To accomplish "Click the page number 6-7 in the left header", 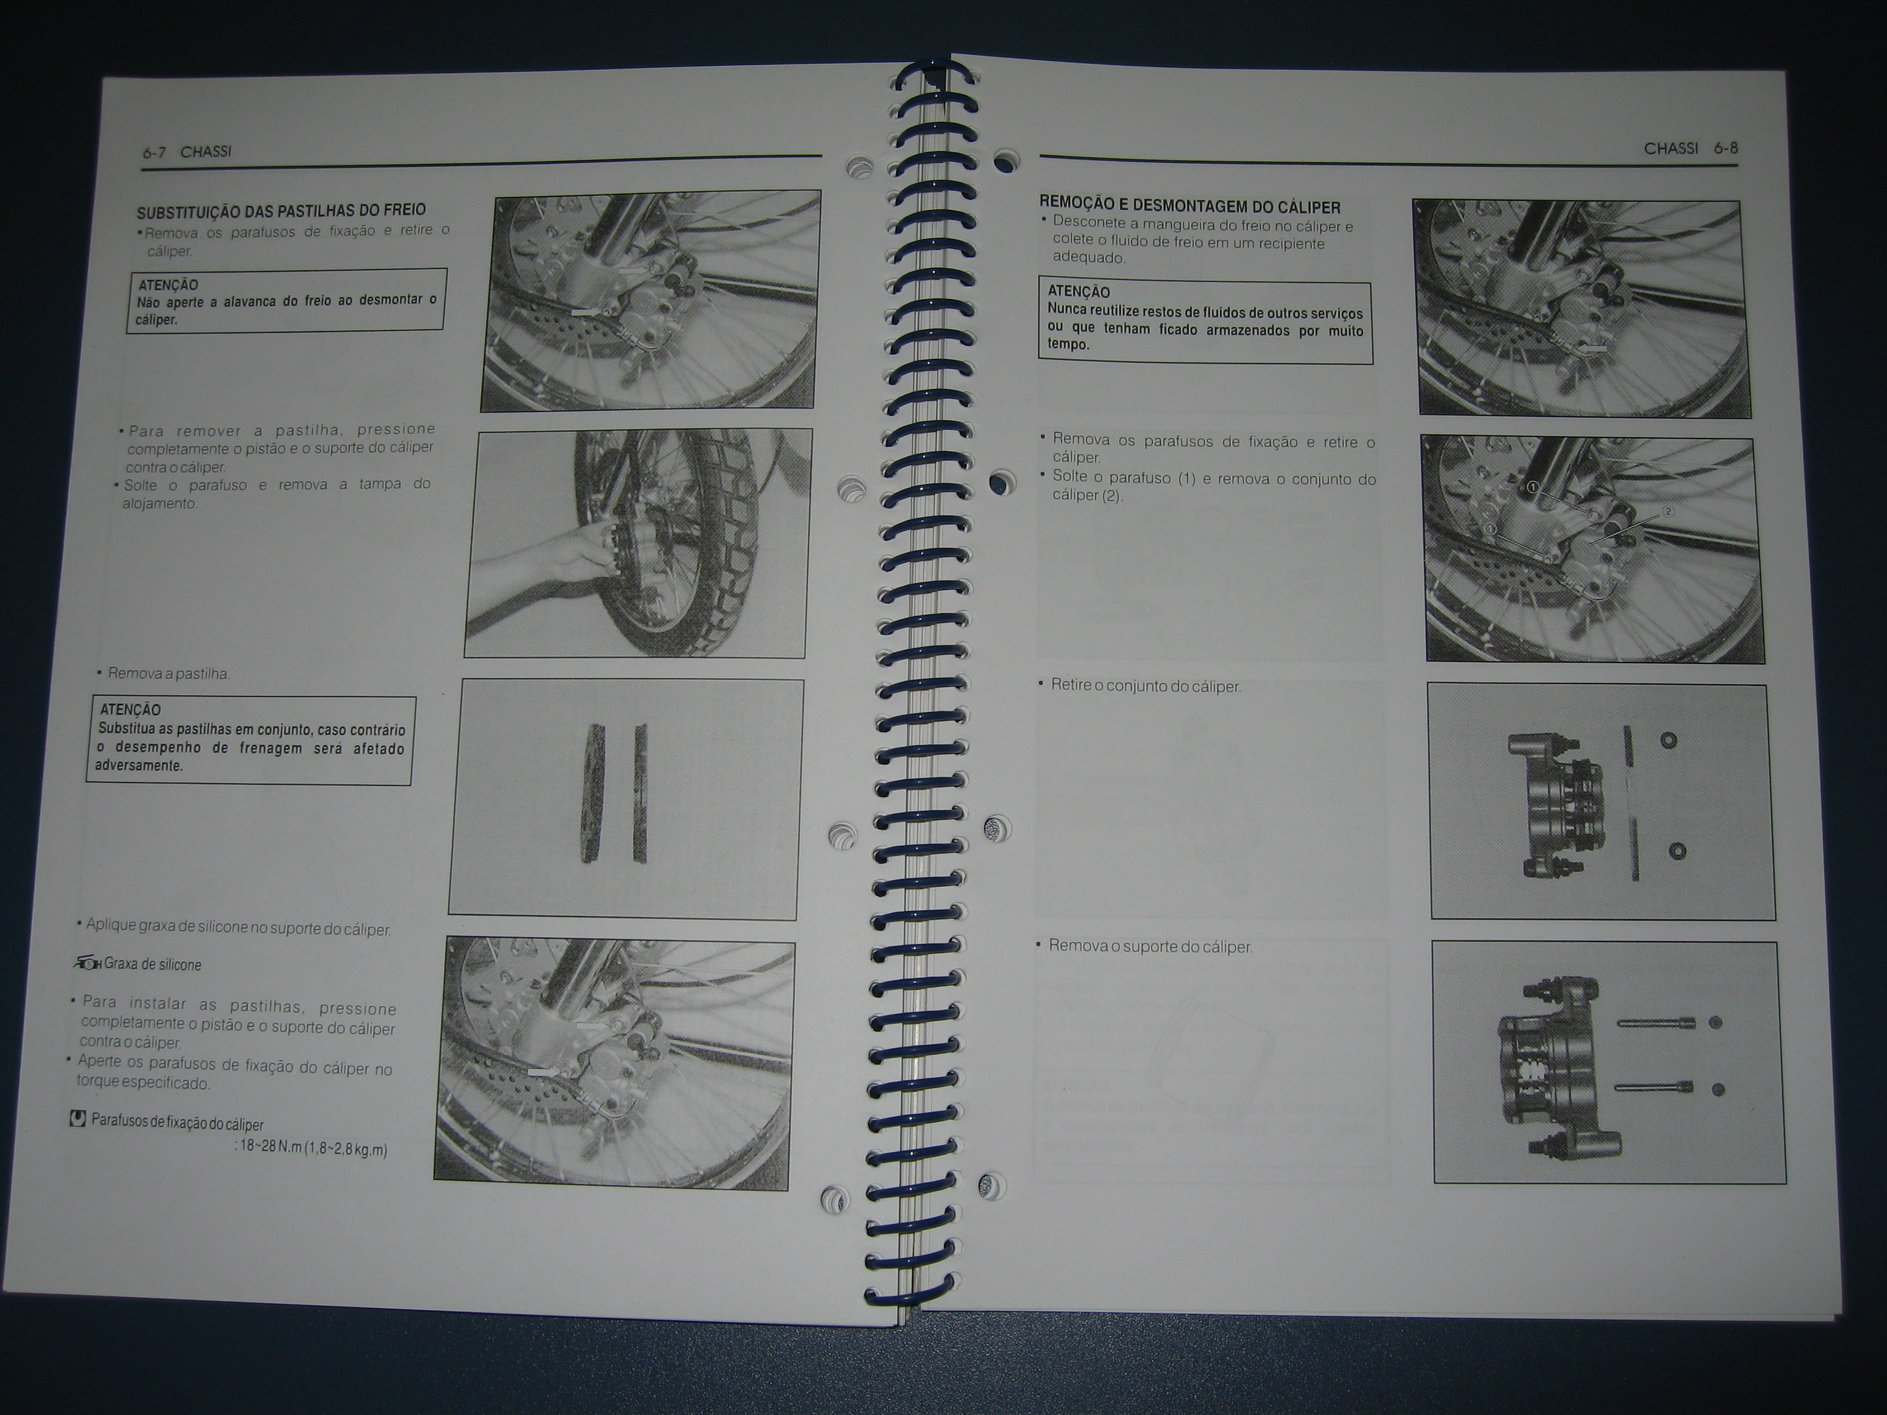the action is (154, 153).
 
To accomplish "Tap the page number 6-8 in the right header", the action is (1726, 149).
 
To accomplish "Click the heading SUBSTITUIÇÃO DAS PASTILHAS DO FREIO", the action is (281, 210).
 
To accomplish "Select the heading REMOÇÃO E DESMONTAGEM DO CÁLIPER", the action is (1190, 206).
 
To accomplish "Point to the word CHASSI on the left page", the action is (206, 152).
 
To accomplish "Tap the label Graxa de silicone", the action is (153, 965).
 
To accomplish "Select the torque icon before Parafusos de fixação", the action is (77, 1118).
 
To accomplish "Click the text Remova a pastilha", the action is (169, 674).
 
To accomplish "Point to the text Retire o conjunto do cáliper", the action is (1146, 686).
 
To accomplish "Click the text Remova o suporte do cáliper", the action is (1150, 947).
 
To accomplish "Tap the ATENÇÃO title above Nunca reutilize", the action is (1078, 292).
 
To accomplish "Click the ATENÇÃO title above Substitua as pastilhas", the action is (130, 709).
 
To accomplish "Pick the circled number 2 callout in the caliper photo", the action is (1668, 512).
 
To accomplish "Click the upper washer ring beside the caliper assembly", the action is (1668, 739).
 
